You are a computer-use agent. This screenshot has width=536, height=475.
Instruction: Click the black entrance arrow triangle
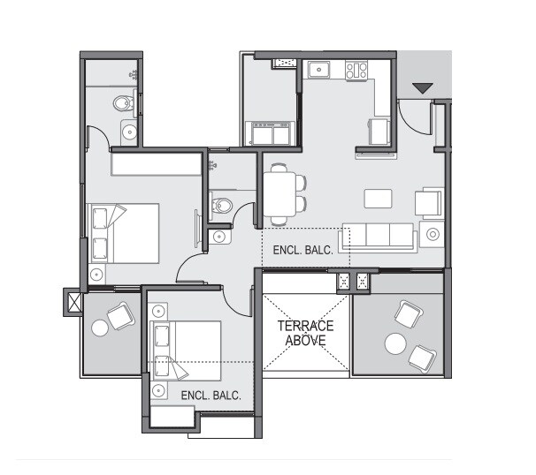(x=422, y=87)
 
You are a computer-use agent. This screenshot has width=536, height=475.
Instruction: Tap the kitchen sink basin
(x=318, y=69)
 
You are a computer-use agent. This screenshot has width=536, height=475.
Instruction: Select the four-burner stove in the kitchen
(x=356, y=70)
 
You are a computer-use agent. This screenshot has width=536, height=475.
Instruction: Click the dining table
(x=281, y=193)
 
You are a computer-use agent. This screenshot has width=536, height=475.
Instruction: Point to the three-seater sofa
(x=379, y=237)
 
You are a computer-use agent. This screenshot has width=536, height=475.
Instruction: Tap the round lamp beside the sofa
(x=433, y=235)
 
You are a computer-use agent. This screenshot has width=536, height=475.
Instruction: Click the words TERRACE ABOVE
(x=307, y=332)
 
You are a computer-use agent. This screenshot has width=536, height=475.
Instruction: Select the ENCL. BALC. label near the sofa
(x=302, y=251)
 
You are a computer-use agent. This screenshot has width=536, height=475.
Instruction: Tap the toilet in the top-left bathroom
(x=124, y=104)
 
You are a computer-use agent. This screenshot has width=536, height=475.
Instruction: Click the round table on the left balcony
(x=99, y=328)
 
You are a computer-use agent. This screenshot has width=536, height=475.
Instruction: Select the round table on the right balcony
(x=394, y=343)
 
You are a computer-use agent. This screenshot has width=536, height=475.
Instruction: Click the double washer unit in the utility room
(x=272, y=134)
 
